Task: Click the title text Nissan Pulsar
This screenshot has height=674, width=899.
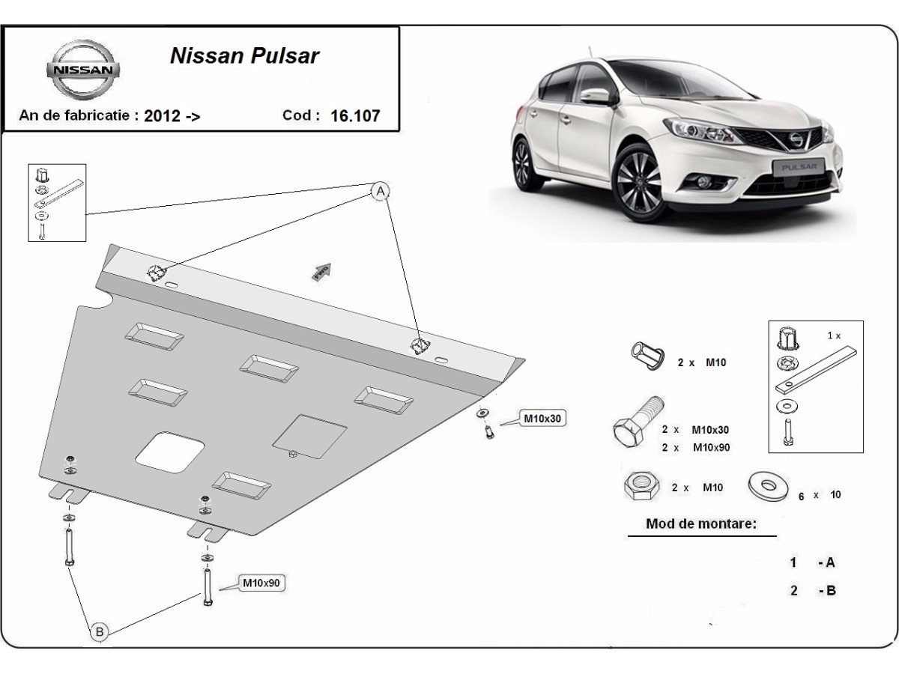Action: [x=245, y=56]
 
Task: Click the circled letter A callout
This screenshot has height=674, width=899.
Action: [x=381, y=192]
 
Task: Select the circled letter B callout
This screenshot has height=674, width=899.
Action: [x=100, y=633]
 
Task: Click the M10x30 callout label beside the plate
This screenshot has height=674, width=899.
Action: [x=541, y=419]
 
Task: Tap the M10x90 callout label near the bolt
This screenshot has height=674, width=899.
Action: [x=263, y=583]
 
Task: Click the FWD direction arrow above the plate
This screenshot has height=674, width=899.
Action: [x=322, y=270]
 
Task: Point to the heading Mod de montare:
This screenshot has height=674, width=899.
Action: [x=700, y=524]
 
